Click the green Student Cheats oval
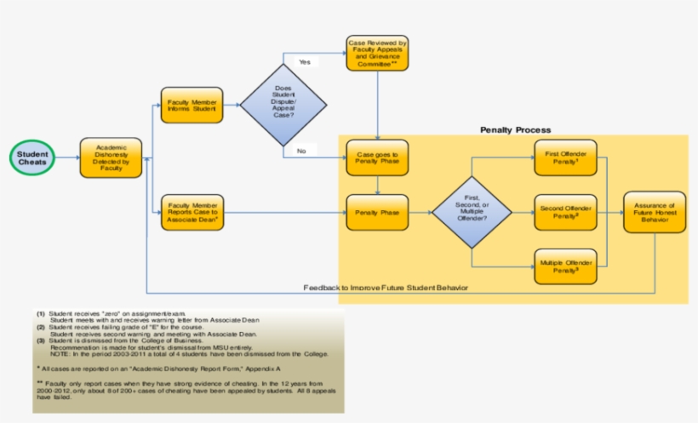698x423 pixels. point(33,157)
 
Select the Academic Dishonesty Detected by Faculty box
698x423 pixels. point(111,157)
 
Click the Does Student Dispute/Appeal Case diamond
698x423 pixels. point(283,105)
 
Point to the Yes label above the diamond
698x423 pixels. point(304,62)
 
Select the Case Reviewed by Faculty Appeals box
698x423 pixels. point(377,53)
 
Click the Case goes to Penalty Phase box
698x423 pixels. point(377,157)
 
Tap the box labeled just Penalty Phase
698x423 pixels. point(377,212)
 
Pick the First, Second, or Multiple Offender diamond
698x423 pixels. point(472,212)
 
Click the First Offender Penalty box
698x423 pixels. point(566,157)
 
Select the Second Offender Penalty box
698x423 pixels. point(566,212)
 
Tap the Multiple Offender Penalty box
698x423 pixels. point(566,266)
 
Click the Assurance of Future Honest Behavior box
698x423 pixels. point(655,212)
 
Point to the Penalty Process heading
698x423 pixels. point(515,129)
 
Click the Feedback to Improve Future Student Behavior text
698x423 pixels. point(386,288)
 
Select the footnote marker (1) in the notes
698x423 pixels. point(40,314)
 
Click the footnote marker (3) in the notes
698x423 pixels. point(40,340)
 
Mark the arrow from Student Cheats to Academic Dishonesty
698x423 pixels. point(68,157)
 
